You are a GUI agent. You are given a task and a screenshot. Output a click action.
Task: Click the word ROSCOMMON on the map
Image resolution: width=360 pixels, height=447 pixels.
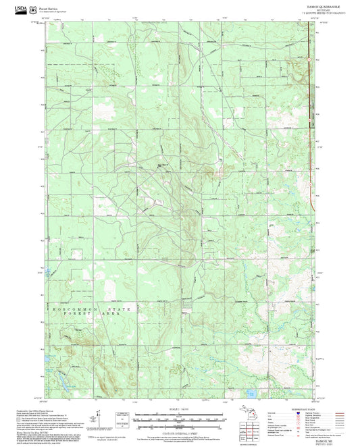point(71,309)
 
